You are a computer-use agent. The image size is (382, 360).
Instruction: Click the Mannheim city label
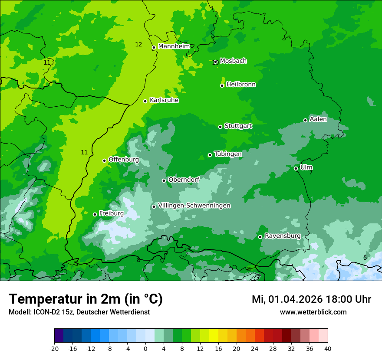point(174,46)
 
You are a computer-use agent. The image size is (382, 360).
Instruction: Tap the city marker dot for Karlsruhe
point(145,101)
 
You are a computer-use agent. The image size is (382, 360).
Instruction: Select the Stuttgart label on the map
point(238,126)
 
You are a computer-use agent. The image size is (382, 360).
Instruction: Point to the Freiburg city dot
point(95,214)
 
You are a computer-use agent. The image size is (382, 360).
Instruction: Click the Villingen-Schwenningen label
point(194,206)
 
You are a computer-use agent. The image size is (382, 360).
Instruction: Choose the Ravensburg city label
point(282,236)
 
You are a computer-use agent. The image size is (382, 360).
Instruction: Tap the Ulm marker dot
point(296,168)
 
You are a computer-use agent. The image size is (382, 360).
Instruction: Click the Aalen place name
point(318,119)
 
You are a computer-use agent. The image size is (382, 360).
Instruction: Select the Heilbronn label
point(241,85)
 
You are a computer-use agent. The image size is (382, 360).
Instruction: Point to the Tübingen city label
point(228,154)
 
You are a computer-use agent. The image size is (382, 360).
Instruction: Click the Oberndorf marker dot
point(164,180)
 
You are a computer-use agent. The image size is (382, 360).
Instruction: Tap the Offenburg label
point(124,160)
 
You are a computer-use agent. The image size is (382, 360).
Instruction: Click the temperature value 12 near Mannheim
point(138,44)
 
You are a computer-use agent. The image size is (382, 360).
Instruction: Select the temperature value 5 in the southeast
point(365,258)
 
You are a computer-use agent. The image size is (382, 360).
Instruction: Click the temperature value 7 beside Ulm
point(311,173)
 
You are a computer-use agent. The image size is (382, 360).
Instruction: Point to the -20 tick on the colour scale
point(54,348)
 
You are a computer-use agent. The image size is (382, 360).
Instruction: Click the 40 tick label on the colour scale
point(328,348)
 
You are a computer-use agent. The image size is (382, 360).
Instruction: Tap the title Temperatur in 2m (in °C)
point(86,299)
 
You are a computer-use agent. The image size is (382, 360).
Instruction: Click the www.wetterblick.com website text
point(313,312)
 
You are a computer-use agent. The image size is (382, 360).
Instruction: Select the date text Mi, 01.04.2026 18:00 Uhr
point(311,299)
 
